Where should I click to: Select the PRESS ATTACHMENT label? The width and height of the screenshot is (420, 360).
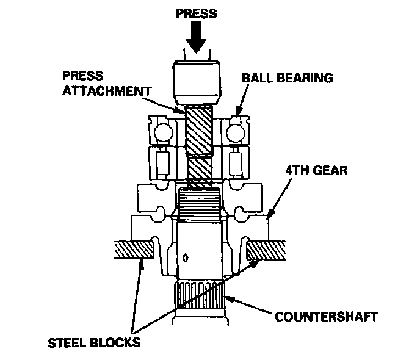106,84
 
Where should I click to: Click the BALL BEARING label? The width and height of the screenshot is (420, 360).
288,78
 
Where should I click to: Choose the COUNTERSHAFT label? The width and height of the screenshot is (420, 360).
326,317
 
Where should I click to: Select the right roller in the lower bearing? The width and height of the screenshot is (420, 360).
234,163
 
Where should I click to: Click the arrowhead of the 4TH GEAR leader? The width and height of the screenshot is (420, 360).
269,215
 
